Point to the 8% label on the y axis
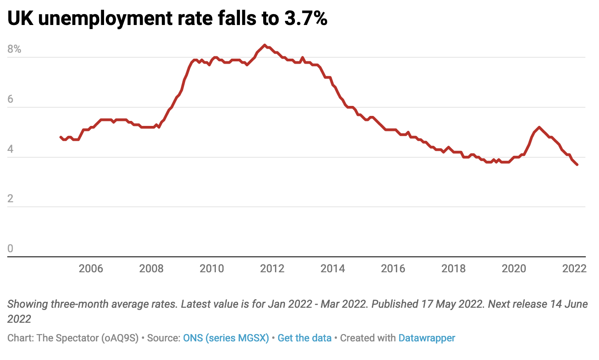pyautogui.click(x=15, y=49)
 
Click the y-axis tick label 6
pyautogui.click(x=10, y=99)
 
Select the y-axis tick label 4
pyautogui.click(x=10, y=149)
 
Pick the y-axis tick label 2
pyautogui.click(x=10, y=199)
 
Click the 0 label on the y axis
pyautogui.click(x=10, y=249)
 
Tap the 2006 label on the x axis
pyautogui.click(x=91, y=269)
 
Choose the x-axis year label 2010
pyautogui.click(x=212, y=269)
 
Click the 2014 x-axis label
pyautogui.click(x=333, y=269)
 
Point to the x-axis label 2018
pyautogui.click(x=454, y=269)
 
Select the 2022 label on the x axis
pyautogui.click(x=574, y=269)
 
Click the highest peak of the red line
pyautogui.click(x=265, y=45)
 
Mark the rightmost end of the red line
pyautogui.click(x=577, y=165)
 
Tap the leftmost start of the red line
pyautogui.click(x=60, y=137)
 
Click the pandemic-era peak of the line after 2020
pyautogui.click(x=539, y=127)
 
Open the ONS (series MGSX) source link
pyautogui.click(x=226, y=338)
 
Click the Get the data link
pyautogui.click(x=304, y=338)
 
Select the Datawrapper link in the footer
pyautogui.click(x=426, y=338)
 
